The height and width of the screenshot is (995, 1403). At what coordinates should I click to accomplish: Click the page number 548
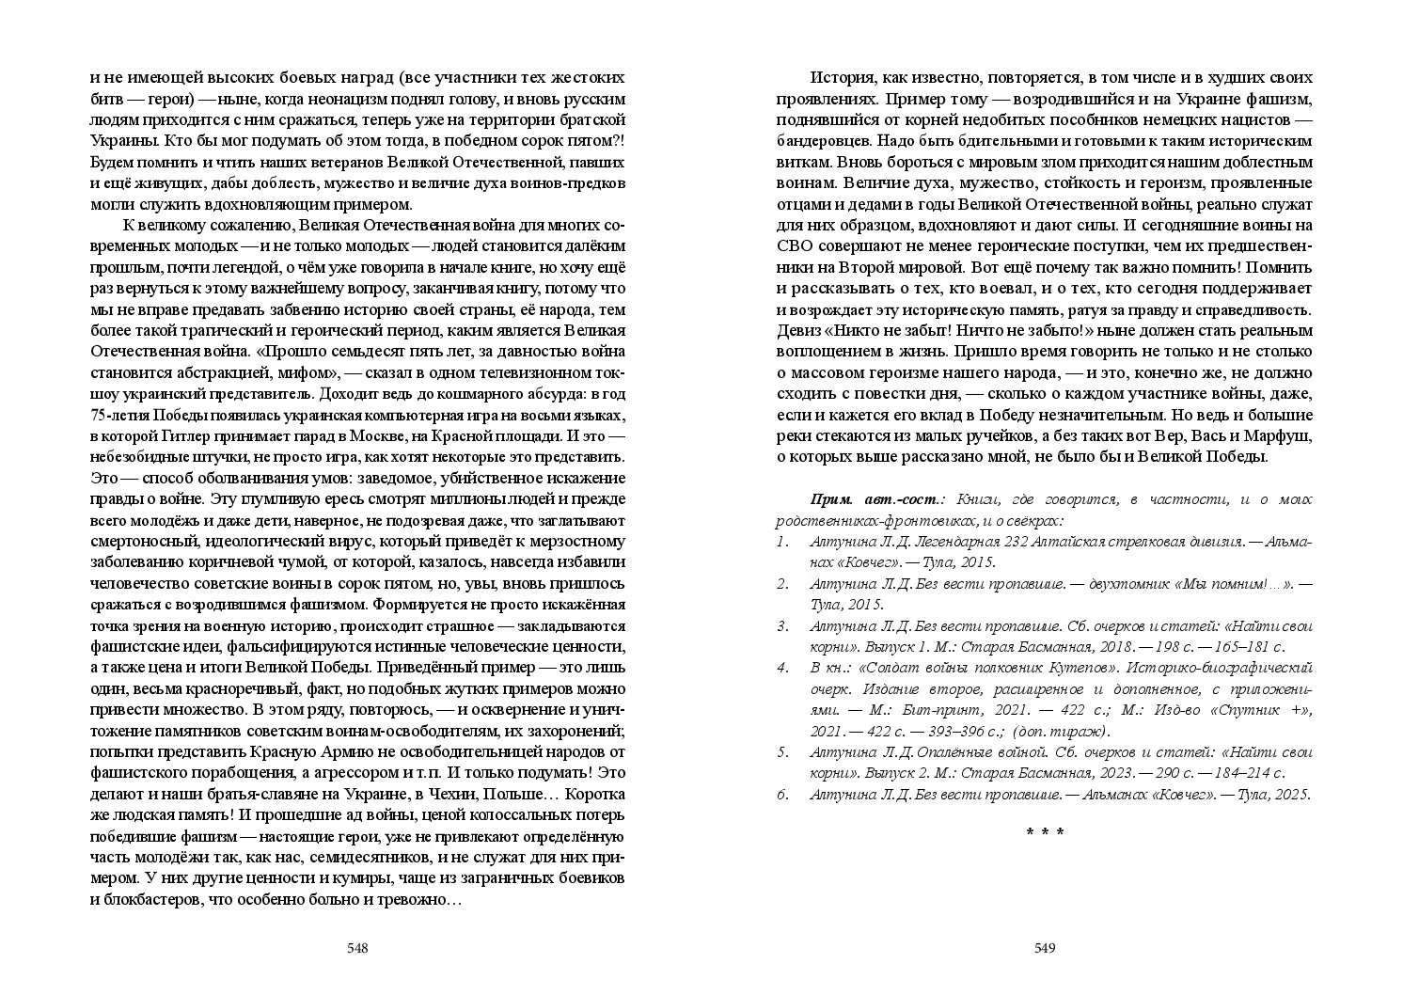tap(356, 948)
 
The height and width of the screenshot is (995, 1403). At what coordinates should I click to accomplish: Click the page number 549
tap(1045, 948)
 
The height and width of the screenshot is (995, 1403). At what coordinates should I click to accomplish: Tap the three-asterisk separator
tap(1045, 833)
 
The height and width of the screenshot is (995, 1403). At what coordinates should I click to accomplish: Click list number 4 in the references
tap(781, 668)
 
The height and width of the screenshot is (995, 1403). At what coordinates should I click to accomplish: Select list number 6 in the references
tap(781, 795)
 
